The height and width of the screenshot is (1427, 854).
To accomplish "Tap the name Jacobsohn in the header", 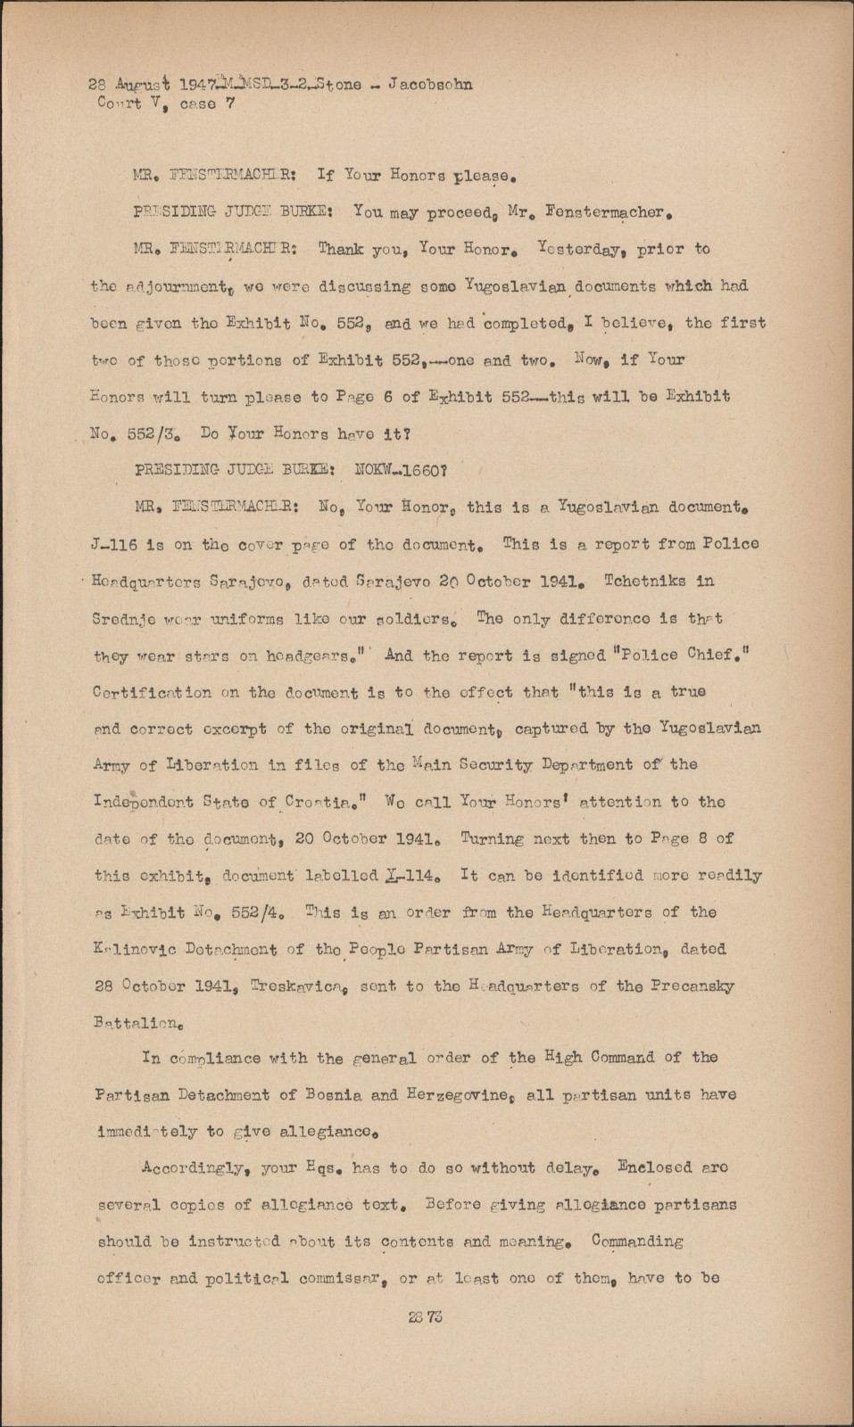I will (x=427, y=85).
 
